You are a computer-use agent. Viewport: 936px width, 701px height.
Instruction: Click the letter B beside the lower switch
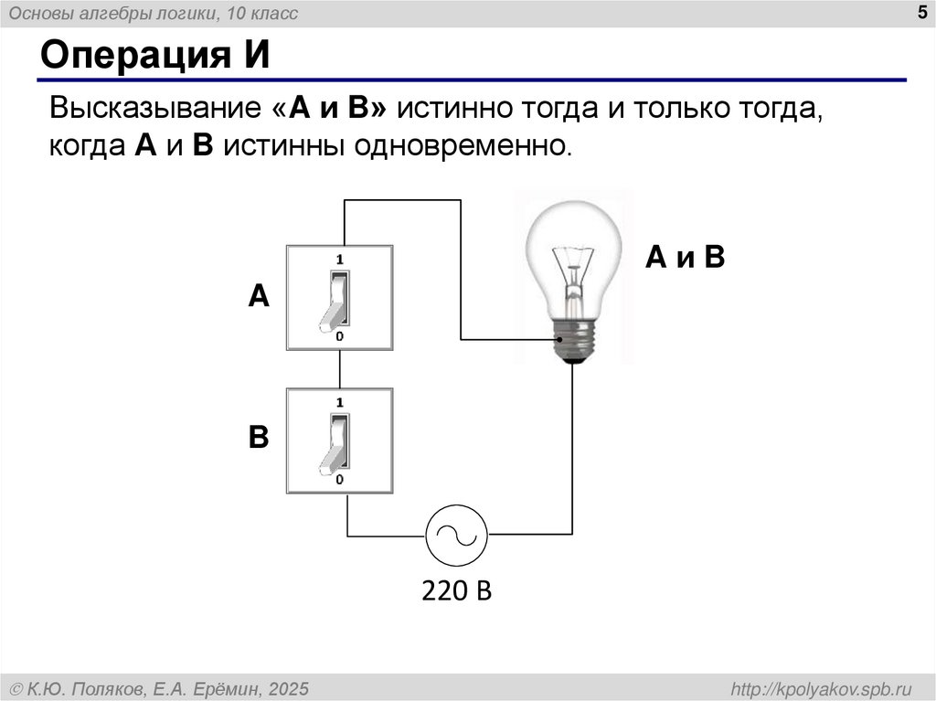pyautogui.click(x=260, y=438)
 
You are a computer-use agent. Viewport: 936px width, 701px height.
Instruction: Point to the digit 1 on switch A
pyautogui.click(x=339, y=259)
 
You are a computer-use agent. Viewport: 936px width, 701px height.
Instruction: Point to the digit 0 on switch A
pyautogui.click(x=339, y=336)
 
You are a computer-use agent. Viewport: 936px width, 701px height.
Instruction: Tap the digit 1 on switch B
pyautogui.click(x=339, y=402)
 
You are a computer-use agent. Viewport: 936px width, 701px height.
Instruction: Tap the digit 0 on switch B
pyautogui.click(x=339, y=479)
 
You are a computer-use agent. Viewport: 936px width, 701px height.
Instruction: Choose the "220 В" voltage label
pyautogui.click(x=456, y=590)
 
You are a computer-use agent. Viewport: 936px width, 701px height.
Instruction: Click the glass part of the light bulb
pyautogui.click(x=572, y=251)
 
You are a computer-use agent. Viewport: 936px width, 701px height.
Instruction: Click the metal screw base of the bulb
pyautogui.click(x=573, y=341)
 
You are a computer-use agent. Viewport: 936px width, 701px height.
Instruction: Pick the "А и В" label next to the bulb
pyautogui.click(x=685, y=258)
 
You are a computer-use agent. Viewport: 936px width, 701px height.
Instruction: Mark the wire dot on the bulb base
pyautogui.click(x=559, y=340)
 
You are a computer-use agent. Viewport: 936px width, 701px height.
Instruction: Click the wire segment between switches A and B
pyautogui.click(x=340, y=369)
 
